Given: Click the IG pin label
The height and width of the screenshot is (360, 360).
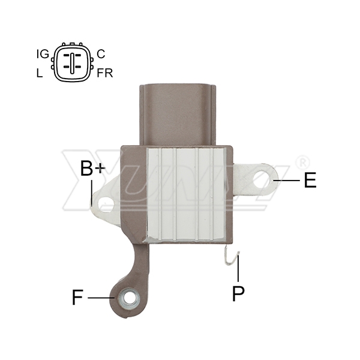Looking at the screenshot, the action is tap(43, 54).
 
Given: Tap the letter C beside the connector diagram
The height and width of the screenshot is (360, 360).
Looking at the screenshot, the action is tap(101, 54).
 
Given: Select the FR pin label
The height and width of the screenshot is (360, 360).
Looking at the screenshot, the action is tap(105, 73).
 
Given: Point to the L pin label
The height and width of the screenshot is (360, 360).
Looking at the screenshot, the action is tap(40, 73).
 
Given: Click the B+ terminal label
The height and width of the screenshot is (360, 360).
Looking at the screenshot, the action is tap(92, 168).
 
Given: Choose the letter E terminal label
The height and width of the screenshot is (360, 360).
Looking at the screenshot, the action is tap(310, 180).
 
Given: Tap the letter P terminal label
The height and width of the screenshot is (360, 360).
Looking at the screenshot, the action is tap(238, 293).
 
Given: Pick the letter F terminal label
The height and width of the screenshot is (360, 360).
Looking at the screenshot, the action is tap(77, 297).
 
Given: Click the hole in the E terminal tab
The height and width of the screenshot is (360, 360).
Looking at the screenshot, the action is tap(261, 179).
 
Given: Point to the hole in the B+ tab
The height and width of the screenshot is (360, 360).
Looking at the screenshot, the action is tap(106, 203).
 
